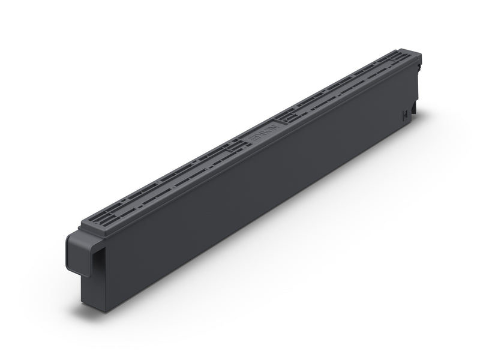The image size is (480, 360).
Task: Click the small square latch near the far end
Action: pos(406,113)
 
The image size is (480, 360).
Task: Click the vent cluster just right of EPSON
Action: pos(294,113)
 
